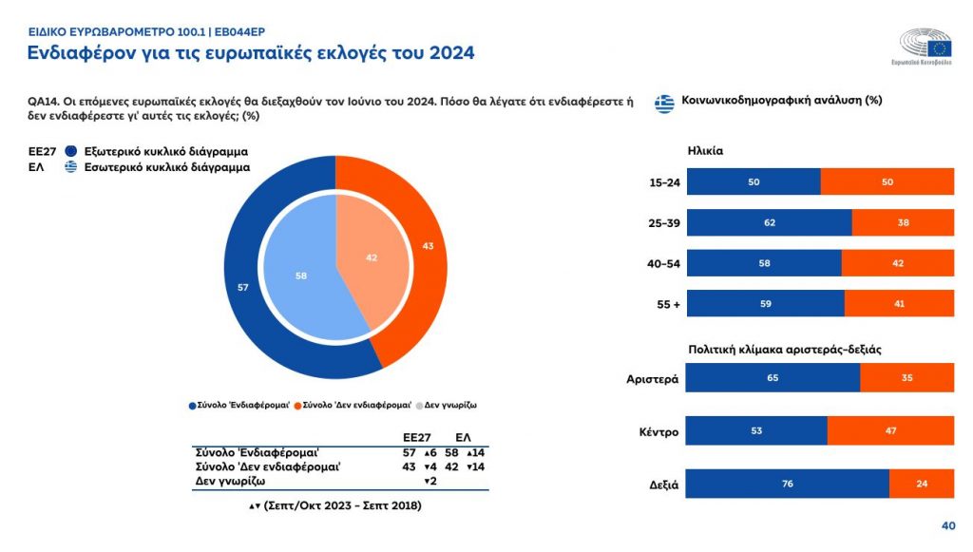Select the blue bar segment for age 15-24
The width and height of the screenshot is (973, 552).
pyautogui.click(x=753, y=181)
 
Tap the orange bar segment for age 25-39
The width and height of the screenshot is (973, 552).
pyautogui.click(x=903, y=222)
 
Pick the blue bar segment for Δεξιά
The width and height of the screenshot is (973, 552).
pyautogui.click(x=787, y=484)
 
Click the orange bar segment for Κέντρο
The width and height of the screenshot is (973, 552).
pyautogui.click(x=890, y=430)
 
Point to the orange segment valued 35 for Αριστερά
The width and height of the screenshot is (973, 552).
pyautogui.click(x=906, y=378)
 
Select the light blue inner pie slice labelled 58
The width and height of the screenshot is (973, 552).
pyautogui.click(x=301, y=276)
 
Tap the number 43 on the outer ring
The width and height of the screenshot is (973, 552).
pyautogui.click(x=429, y=247)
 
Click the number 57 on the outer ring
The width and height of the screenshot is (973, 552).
pyautogui.click(x=242, y=287)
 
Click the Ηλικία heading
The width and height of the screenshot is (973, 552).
pyautogui.click(x=706, y=150)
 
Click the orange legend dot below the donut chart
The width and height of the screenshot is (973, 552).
pyautogui.click(x=298, y=405)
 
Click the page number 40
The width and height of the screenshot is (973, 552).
pyautogui.click(x=947, y=525)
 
